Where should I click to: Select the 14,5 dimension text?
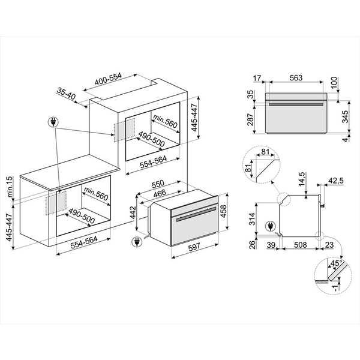304,179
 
